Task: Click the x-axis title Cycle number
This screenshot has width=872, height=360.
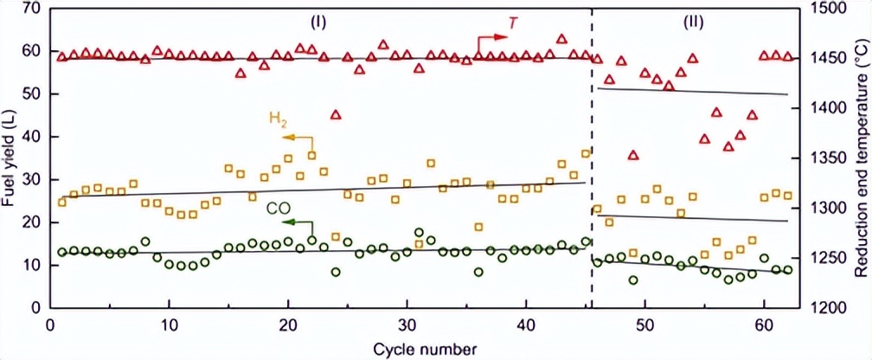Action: (425, 350)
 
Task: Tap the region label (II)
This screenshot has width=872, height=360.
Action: (693, 20)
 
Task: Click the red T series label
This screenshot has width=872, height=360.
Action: (514, 22)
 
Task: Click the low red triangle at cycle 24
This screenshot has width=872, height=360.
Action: (336, 114)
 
